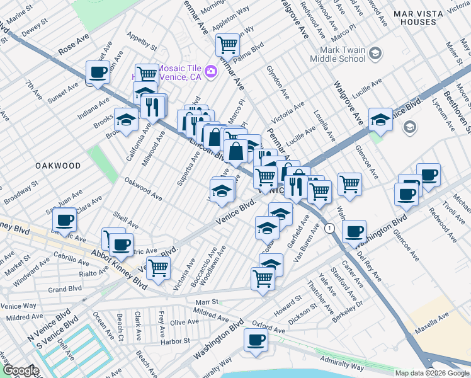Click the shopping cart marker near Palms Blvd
pyautogui.click(x=227, y=45)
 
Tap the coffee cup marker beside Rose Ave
pyautogui.click(x=98, y=73)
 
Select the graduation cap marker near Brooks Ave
pyautogui.click(x=126, y=120)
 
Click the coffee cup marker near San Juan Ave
pyautogui.click(x=64, y=220)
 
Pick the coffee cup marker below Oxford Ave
pyautogui.click(x=256, y=340)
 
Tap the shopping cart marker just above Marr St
pyautogui.click(x=263, y=278)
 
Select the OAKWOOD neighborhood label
pyautogui.click(x=57, y=166)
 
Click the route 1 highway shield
pyautogui.click(x=329, y=228)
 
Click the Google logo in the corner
pyautogui.click(x=21, y=370)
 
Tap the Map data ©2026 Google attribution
pyautogui.click(x=431, y=373)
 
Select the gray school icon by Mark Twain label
pyautogui.click(x=376, y=53)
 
